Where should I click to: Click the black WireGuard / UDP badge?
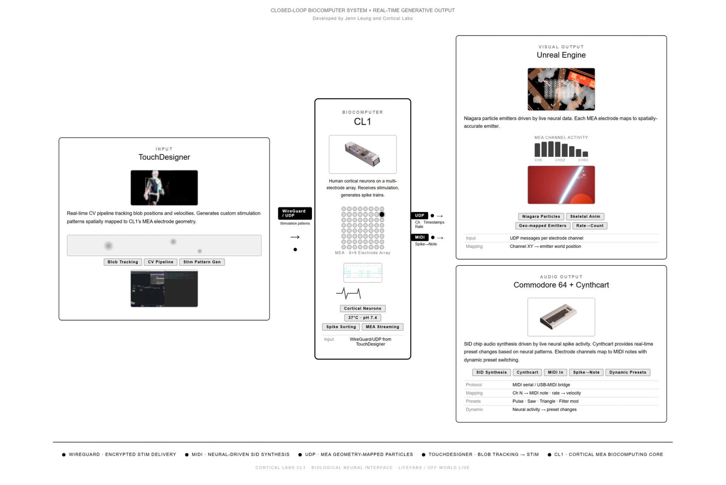pos(295,213)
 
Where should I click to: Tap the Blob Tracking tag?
pos(123,262)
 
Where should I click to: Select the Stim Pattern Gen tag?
pos(202,262)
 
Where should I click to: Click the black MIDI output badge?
pos(420,237)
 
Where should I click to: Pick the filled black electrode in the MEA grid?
pos(382,214)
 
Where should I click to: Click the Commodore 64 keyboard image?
pos(561,317)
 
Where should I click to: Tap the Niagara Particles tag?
pos(541,217)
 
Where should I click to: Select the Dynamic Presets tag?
pos(627,372)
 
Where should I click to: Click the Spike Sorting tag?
pos(341,327)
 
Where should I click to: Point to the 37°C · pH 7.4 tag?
pos(362,318)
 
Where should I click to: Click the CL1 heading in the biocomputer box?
pos(362,122)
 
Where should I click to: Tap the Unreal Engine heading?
pos(561,55)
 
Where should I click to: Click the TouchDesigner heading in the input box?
pos(164,157)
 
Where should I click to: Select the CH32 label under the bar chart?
pos(560,160)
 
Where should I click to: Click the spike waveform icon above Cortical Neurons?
pos(348,293)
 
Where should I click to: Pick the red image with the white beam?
pos(561,185)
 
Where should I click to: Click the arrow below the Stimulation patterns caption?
pos(295,237)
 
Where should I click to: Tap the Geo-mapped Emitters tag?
pos(542,226)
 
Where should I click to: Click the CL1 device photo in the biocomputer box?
pos(362,154)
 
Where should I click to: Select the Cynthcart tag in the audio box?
pos(527,372)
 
